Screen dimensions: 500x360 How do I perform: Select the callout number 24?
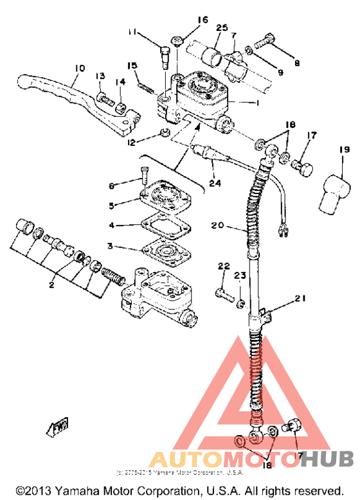tap(215, 183)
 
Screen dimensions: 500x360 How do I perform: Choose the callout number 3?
tap(111, 246)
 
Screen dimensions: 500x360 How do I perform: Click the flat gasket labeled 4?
tap(161, 228)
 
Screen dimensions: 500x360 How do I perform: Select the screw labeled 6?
tap(146, 177)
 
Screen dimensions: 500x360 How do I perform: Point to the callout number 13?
tap(100, 76)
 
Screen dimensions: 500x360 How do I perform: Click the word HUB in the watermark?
tap(327, 459)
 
